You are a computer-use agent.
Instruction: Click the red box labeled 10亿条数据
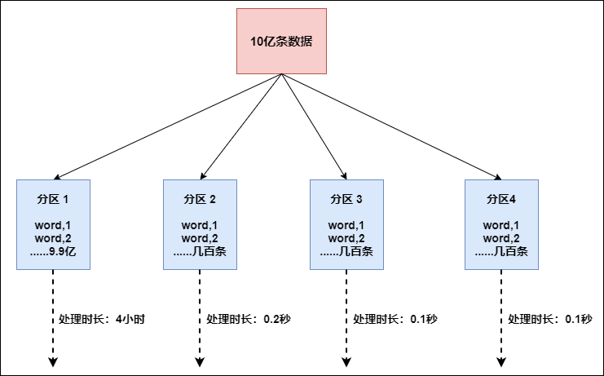pyautogui.click(x=281, y=41)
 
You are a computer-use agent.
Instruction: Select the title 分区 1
pyautogui.click(x=53, y=199)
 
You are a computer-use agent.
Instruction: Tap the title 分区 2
pyautogui.click(x=200, y=199)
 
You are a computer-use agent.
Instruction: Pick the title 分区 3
pyautogui.click(x=346, y=199)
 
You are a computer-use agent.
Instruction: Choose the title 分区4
pyautogui.click(x=501, y=199)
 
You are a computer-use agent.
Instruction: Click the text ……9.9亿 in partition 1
pyautogui.click(x=53, y=251)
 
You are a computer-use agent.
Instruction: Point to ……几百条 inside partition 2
pyautogui.click(x=200, y=251)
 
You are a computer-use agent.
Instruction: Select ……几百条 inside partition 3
pyautogui.click(x=346, y=251)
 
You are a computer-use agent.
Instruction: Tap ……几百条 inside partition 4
pyautogui.click(x=501, y=251)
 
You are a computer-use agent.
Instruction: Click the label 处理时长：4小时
pyautogui.click(x=102, y=319)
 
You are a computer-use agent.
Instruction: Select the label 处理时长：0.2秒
pyautogui.click(x=249, y=319)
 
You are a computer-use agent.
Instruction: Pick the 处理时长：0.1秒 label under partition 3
pyautogui.click(x=395, y=319)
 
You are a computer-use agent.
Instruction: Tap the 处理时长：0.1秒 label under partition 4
pyautogui.click(x=550, y=319)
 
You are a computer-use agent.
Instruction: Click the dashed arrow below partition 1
pyautogui.click(x=53, y=343)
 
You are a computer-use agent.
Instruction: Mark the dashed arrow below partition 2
pyautogui.click(x=200, y=343)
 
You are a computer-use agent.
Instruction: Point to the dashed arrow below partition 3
pyautogui.click(x=346, y=343)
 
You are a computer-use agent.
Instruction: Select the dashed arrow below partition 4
pyautogui.click(x=501, y=343)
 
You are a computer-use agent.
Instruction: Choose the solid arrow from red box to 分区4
pyautogui.click(x=391, y=126)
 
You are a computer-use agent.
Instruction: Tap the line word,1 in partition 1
pyautogui.click(x=53, y=225)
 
